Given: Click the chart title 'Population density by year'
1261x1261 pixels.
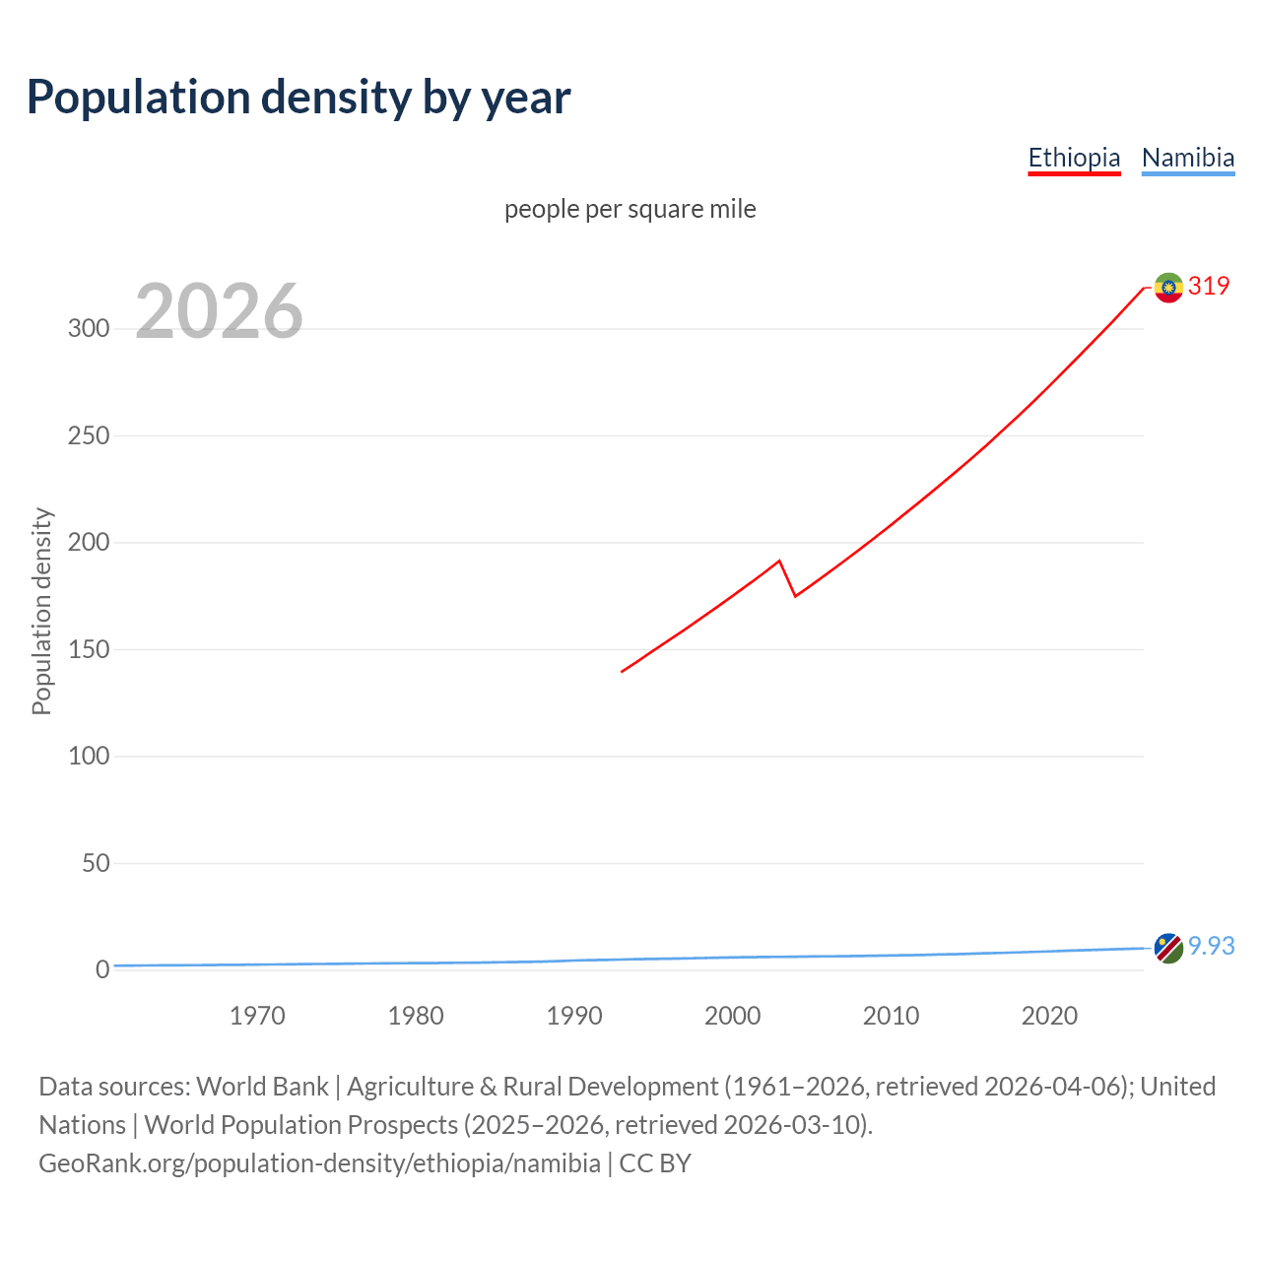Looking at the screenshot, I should pyautogui.click(x=299, y=98).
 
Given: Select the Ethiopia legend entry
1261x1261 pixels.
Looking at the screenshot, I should pyautogui.click(x=1074, y=158).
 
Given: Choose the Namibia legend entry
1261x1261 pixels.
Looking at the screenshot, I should pyautogui.click(x=1187, y=158).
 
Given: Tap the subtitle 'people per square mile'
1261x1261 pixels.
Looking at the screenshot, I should pyautogui.click(x=630, y=209).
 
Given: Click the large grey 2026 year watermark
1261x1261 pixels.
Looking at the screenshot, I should pyautogui.click(x=219, y=311).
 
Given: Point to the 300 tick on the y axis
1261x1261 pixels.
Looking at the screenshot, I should pyautogui.click(x=89, y=329).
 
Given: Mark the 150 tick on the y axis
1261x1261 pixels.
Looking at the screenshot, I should pyautogui.click(x=89, y=650).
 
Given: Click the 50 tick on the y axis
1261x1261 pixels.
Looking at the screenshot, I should pyautogui.click(x=96, y=864).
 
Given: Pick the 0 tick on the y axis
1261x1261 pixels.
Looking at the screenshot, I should pyautogui.click(x=102, y=970).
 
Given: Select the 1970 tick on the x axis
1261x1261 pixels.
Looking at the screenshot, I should pyautogui.click(x=257, y=1016).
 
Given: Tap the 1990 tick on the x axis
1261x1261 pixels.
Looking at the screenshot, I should pyautogui.click(x=574, y=1016).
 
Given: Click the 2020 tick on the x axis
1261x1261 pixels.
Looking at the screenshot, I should pyautogui.click(x=1049, y=1016).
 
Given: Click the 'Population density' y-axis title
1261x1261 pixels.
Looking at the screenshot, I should pyautogui.click(x=41, y=611).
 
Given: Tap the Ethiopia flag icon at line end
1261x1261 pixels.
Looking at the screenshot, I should pyautogui.click(x=1168, y=288).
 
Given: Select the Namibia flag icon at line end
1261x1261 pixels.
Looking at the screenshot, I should pyautogui.click(x=1168, y=948).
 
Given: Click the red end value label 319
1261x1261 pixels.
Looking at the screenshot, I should pyautogui.click(x=1209, y=286).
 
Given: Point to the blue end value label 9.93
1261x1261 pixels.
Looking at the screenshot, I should pyautogui.click(x=1211, y=946).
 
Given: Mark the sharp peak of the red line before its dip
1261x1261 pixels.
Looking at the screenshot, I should pyautogui.click(x=779, y=562).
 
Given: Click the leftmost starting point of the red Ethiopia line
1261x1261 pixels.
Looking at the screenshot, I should pyautogui.click(x=623, y=672).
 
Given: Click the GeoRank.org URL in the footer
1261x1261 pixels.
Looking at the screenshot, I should pyautogui.click(x=319, y=1162).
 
